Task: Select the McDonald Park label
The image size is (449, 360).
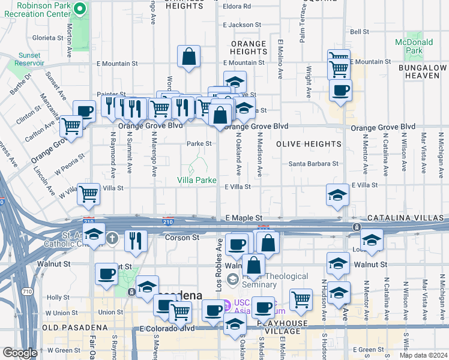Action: pos(414,46)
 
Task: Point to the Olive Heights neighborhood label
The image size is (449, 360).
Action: pos(309,145)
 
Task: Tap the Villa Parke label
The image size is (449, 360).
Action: pos(196,179)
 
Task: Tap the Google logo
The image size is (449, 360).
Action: pos(20,353)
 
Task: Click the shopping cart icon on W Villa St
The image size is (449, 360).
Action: pos(89,193)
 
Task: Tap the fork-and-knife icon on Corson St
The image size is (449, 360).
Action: pos(136,241)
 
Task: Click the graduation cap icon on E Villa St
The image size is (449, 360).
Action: pos(337,194)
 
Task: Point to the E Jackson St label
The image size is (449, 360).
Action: pos(242,25)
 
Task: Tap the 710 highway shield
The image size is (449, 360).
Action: pos(26,292)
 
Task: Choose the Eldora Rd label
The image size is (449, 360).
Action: pos(238,7)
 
